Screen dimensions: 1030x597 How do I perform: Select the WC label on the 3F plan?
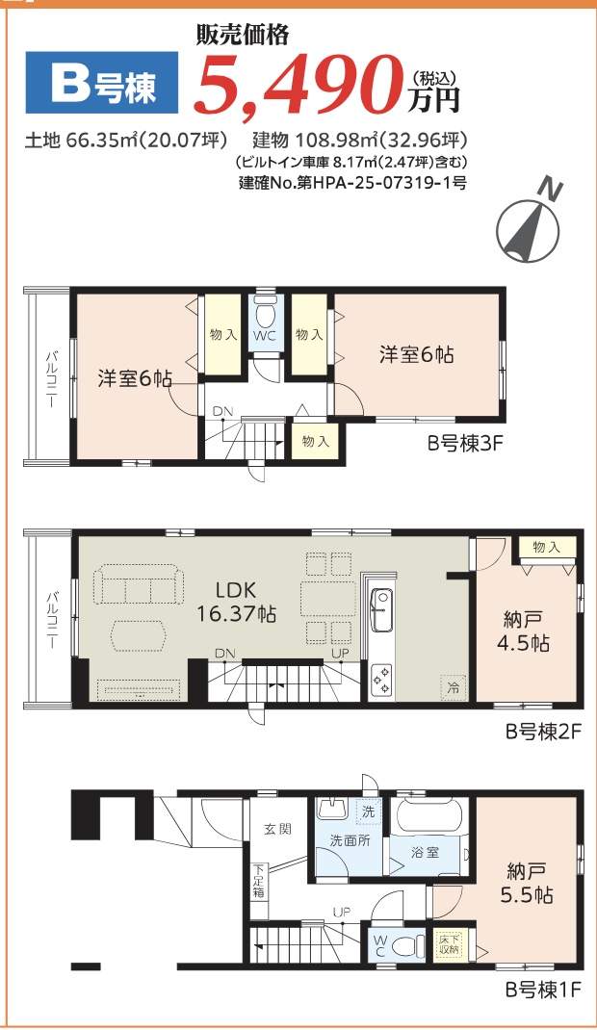[266, 337]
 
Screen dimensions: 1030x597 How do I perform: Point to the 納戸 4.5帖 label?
[526, 631]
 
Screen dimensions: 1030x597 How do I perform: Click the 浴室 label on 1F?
[426, 852]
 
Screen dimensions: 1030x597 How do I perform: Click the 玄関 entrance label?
[278, 829]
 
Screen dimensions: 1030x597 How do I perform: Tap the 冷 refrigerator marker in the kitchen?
[451, 687]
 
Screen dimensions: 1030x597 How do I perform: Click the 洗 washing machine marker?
[367, 811]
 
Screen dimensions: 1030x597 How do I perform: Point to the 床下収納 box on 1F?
[448, 944]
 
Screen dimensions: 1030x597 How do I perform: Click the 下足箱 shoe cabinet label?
[258, 881]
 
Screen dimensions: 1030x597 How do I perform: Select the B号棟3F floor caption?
[466, 444]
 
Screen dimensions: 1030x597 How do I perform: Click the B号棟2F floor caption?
[544, 732]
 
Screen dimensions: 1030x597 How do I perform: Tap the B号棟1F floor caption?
[544, 989]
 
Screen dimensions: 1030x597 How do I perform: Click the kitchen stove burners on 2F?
[381, 678]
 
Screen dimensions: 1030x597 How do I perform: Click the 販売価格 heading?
[242, 36]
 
